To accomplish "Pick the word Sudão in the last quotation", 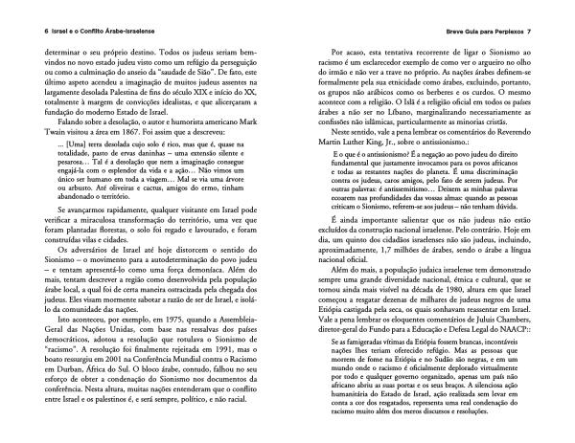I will pyautogui.click(x=479, y=360).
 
